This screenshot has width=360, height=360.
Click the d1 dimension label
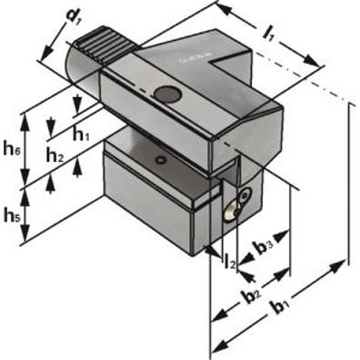tap(74, 16)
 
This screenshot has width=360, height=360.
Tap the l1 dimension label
tap(268, 34)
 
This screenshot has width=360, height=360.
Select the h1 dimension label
tap(81, 135)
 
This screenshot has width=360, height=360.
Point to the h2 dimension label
tap(55, 155)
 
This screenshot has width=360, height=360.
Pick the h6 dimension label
tap(12, 149)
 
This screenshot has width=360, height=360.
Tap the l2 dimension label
tap(230, 262)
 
